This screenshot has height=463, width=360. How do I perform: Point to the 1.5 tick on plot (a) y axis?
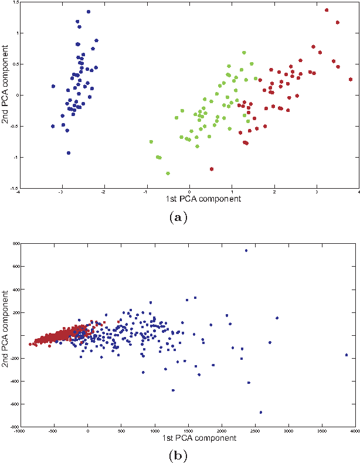point(13,3)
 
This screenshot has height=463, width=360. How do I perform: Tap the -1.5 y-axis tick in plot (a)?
point(12,188)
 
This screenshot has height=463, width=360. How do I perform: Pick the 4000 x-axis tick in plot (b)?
point(354,431)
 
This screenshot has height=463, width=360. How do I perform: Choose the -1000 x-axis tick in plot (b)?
point(19,431)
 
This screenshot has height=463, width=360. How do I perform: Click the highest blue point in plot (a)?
point(88,11)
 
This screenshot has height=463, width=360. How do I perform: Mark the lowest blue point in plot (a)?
point(69,153)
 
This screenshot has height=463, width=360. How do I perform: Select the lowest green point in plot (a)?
point(168,173)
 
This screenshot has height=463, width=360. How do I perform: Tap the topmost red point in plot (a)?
point(327,10)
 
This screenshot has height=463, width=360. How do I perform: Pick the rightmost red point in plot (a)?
point(351,79)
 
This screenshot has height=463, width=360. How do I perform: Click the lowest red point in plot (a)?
point(211,169)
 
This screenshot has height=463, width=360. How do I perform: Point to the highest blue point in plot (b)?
point(246,251)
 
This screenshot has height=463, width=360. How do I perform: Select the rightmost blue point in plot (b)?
point(347,355)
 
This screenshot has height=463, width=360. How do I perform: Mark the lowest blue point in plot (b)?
point(261,412)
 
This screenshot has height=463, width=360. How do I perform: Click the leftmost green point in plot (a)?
point(151,142)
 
